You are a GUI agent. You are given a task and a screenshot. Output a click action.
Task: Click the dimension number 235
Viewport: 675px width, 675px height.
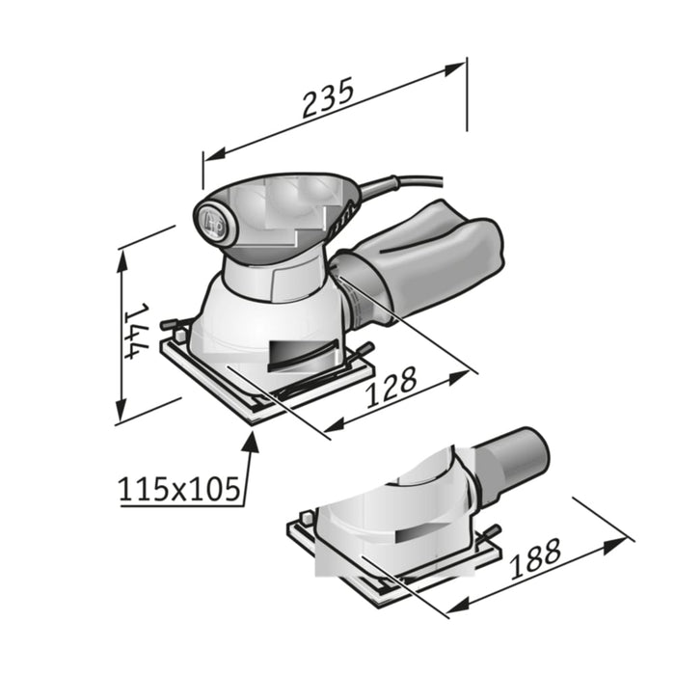pos(329,97)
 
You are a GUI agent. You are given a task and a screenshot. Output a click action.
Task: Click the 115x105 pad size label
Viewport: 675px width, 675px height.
pos(179,490)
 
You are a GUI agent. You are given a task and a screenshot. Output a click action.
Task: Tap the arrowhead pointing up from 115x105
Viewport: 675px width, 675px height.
pos(254,442)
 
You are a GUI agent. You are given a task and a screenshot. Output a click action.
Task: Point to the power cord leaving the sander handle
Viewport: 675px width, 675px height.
pos(405,182)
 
